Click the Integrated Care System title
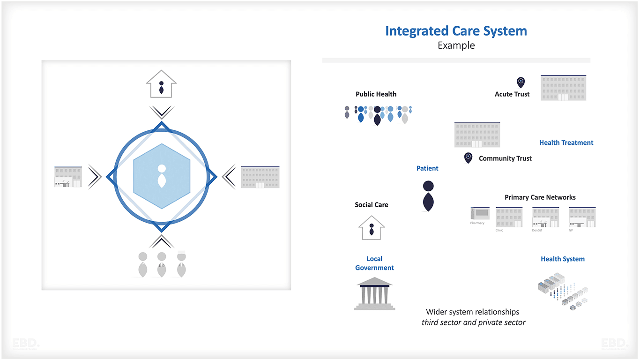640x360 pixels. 456,31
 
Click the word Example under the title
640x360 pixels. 456,45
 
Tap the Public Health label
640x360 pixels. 376,94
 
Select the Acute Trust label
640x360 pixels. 512,94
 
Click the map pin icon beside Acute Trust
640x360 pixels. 521,82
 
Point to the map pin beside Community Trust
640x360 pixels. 468,157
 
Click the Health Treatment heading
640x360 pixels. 566,142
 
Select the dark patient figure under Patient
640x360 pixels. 428,195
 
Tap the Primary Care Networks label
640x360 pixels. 540,197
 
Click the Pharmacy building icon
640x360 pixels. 480,214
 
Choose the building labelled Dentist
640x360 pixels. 545,217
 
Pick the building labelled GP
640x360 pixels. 582,217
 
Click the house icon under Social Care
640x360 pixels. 372,228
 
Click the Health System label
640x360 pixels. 562,259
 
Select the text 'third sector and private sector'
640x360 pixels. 473,322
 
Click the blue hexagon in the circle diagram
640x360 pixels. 162,176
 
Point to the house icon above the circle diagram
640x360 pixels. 161,84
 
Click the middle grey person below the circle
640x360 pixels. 162,264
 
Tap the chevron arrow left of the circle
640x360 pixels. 94,177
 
